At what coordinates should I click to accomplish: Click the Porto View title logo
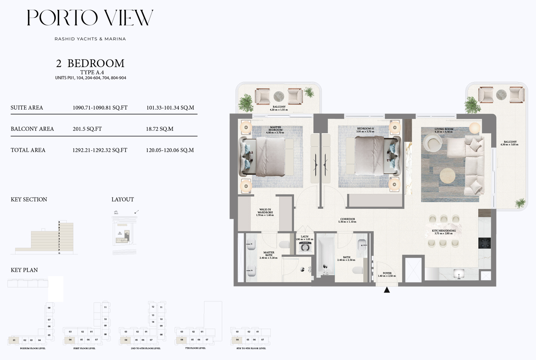pyautogui.click(x=90, y=18)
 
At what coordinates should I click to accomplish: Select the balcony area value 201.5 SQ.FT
pyautogui.click(x=87, y=129)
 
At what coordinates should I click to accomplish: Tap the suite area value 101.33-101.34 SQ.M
pyautogui.click(x=170, y=108)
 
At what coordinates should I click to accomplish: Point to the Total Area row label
pyautogui.click(x=28, y=150)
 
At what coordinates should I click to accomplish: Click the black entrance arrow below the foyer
pyautogui.click(x=387, y=290)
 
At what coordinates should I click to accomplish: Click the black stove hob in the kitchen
pyautogui.click(x=484, y=243)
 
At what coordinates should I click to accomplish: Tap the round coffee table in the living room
pyautogui.click(x=447, y=176)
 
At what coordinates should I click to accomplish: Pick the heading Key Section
pyautogui.click(x=29, y=200)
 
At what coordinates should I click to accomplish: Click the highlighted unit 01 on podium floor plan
pyautogui.click(x=14, y=340)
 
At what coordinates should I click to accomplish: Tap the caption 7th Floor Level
pyautogui.click(x=195, y=348)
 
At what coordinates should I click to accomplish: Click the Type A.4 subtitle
pyautogui.click(x=92, y=72)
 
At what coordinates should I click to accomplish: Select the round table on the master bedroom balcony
pyautogui.click(x=279, y=96)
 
